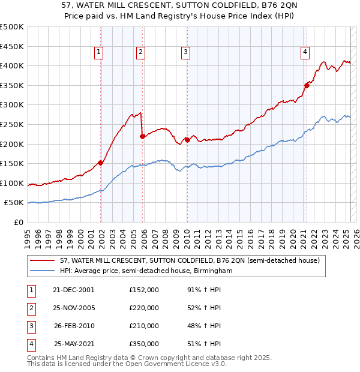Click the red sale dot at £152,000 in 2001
(x=101, y=163)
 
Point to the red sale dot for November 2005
(x=142, y=136)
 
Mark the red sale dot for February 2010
(x=187, y=140)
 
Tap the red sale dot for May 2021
(x=307, y=85)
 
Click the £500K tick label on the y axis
(x=12, y=27)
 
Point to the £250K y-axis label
(x=12, y=124)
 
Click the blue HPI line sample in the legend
(x=43, y=271)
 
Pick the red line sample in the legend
(x=43, y=260)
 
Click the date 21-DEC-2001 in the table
(x=73, y=290)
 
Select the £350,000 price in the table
(x=144, y=344)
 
